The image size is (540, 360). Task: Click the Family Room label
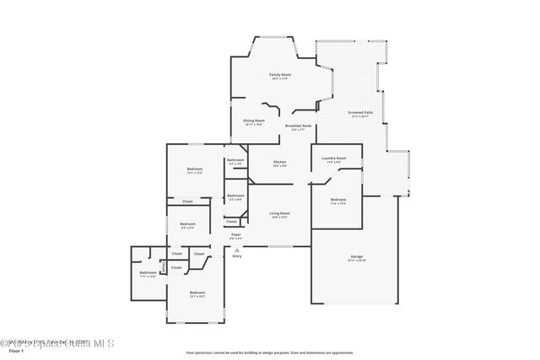coord(279,75)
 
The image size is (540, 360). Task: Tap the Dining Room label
coord(254,121)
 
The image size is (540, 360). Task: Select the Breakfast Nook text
coord(301,126)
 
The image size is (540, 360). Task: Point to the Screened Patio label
coord(360,112)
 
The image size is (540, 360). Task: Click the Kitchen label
coord(279,162)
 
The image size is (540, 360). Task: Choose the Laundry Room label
coord(336,158)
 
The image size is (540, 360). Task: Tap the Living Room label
coord(279,213)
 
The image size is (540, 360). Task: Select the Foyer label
coord(236,235)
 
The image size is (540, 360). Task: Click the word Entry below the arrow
coord(237,255)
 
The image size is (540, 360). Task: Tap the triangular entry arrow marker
coord(237,250)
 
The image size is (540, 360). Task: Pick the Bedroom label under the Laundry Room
coord(338,200)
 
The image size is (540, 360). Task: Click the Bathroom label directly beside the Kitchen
coord(235,160)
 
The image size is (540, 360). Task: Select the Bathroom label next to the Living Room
coord(235,196)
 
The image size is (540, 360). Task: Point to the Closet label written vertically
coord(163,267)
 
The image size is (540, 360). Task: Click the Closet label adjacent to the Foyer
coord(231,222)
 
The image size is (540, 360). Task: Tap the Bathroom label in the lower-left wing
coord(148,273)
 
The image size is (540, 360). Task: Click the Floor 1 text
coord(10,352)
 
